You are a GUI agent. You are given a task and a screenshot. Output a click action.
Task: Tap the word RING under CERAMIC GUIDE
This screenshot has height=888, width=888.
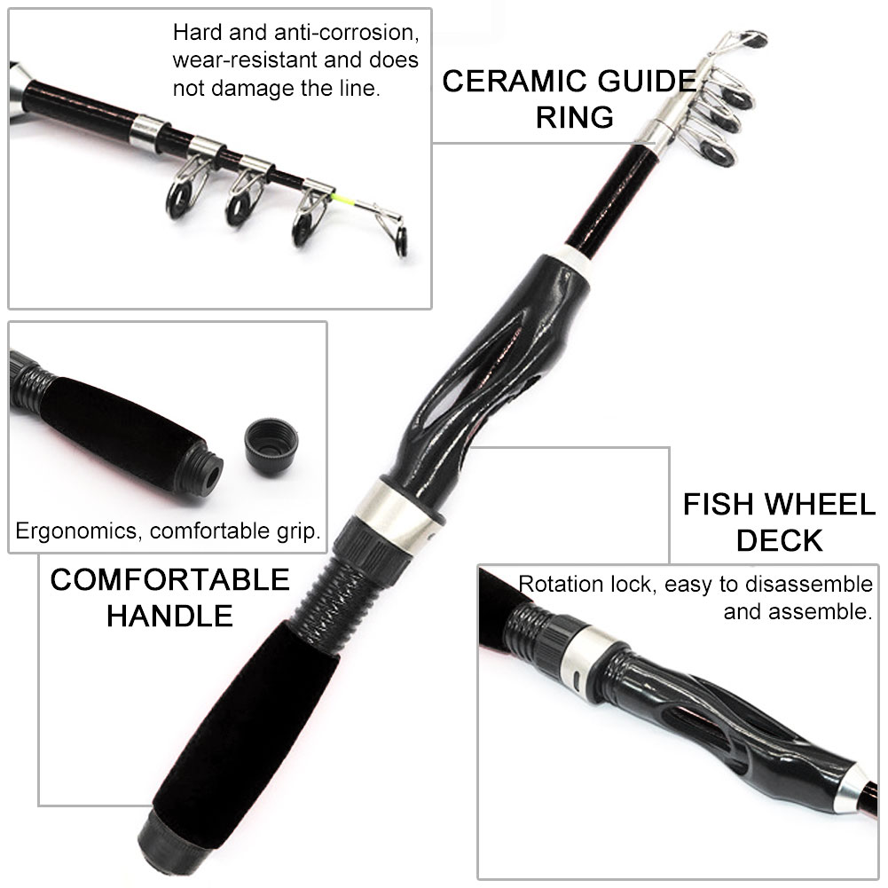[574, 117]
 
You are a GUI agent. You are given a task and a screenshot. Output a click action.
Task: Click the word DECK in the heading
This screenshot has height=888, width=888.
[780, 540]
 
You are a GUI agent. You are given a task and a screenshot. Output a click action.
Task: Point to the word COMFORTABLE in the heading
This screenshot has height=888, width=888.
[169, 579]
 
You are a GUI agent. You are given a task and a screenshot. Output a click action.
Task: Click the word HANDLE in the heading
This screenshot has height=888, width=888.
[169, 615]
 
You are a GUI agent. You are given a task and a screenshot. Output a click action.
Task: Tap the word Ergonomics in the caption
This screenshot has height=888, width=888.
[79, 532]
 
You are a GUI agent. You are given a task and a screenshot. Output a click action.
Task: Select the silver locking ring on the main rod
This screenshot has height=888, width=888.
[395, 515]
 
